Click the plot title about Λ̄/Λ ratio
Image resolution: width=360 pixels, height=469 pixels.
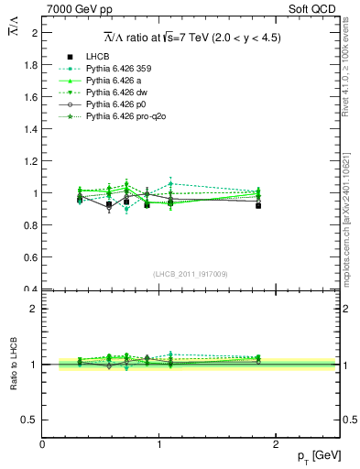point(191,38)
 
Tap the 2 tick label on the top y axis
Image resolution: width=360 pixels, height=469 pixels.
point(35,33)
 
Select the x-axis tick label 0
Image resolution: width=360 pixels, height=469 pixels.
point(42,444)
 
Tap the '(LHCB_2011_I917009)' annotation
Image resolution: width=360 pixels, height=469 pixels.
point(191,274)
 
